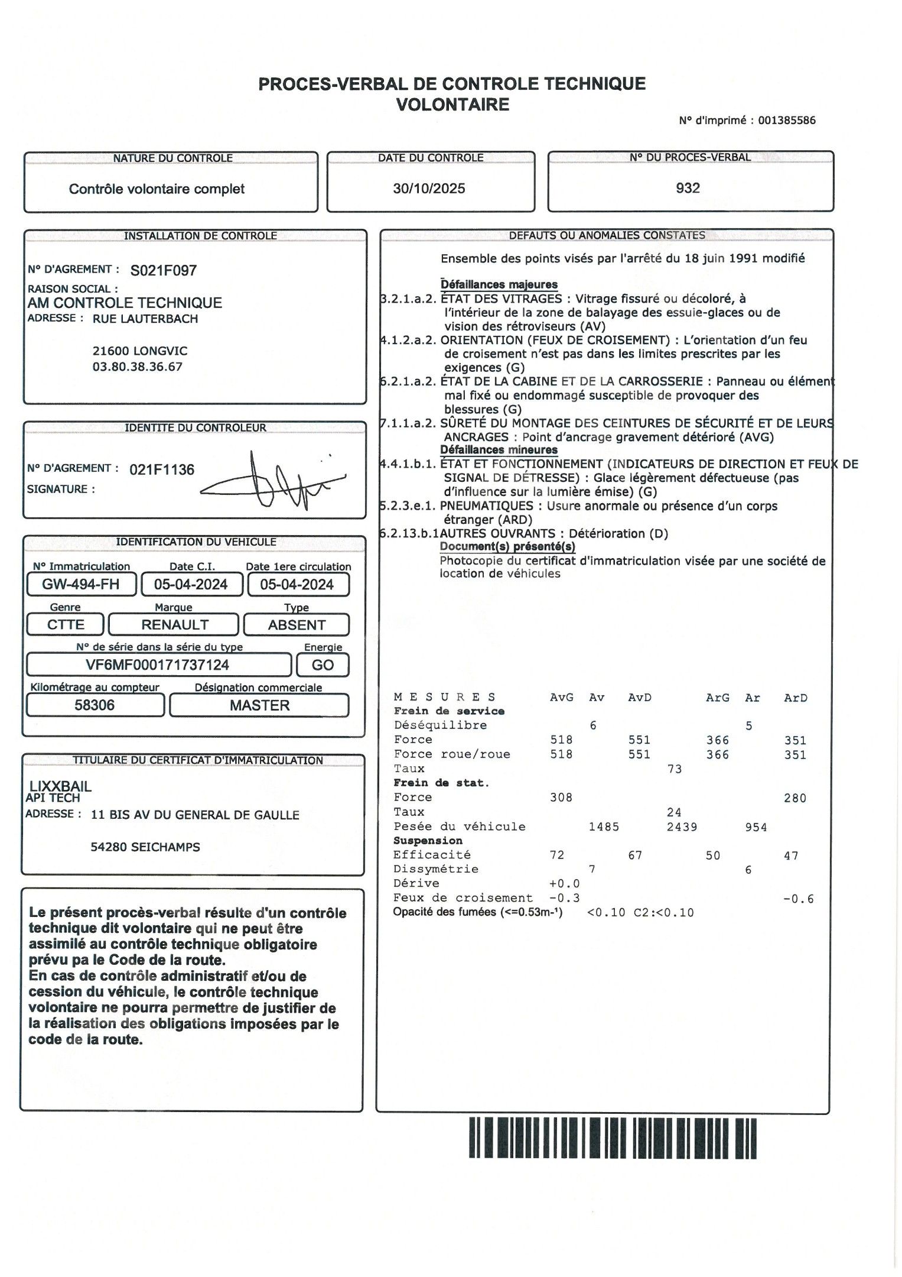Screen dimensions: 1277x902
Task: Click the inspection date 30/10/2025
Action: tap(429, 189)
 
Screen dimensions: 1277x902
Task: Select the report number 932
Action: tap(688, 188)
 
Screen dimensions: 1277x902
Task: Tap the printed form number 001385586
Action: tap(787, 121)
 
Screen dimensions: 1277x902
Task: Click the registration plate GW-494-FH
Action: tap(81, 585)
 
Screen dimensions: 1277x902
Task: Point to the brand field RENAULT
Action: tap(175, 625)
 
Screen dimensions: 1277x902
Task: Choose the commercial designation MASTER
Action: tap(260, 705)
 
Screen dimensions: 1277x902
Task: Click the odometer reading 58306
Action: tap(95, 705)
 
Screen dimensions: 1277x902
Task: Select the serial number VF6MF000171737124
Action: tap(158, 665)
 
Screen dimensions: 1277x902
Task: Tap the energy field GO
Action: tap(323, 665)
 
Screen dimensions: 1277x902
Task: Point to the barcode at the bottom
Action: tap(613, 1138)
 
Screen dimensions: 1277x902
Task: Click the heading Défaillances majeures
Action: tap(499, 284)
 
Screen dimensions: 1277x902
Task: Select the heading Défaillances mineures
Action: tap(499, 450)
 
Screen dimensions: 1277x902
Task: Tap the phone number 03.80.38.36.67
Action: tap(138, 367)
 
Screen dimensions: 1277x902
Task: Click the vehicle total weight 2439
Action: tap(682, 827)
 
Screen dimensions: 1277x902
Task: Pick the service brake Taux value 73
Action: tap(675, 769)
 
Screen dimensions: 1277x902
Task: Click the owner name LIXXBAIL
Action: tap(61, 786)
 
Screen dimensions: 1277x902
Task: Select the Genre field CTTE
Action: tap(66, 625)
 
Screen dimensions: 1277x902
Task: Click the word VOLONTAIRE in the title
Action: tap(452, 105)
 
